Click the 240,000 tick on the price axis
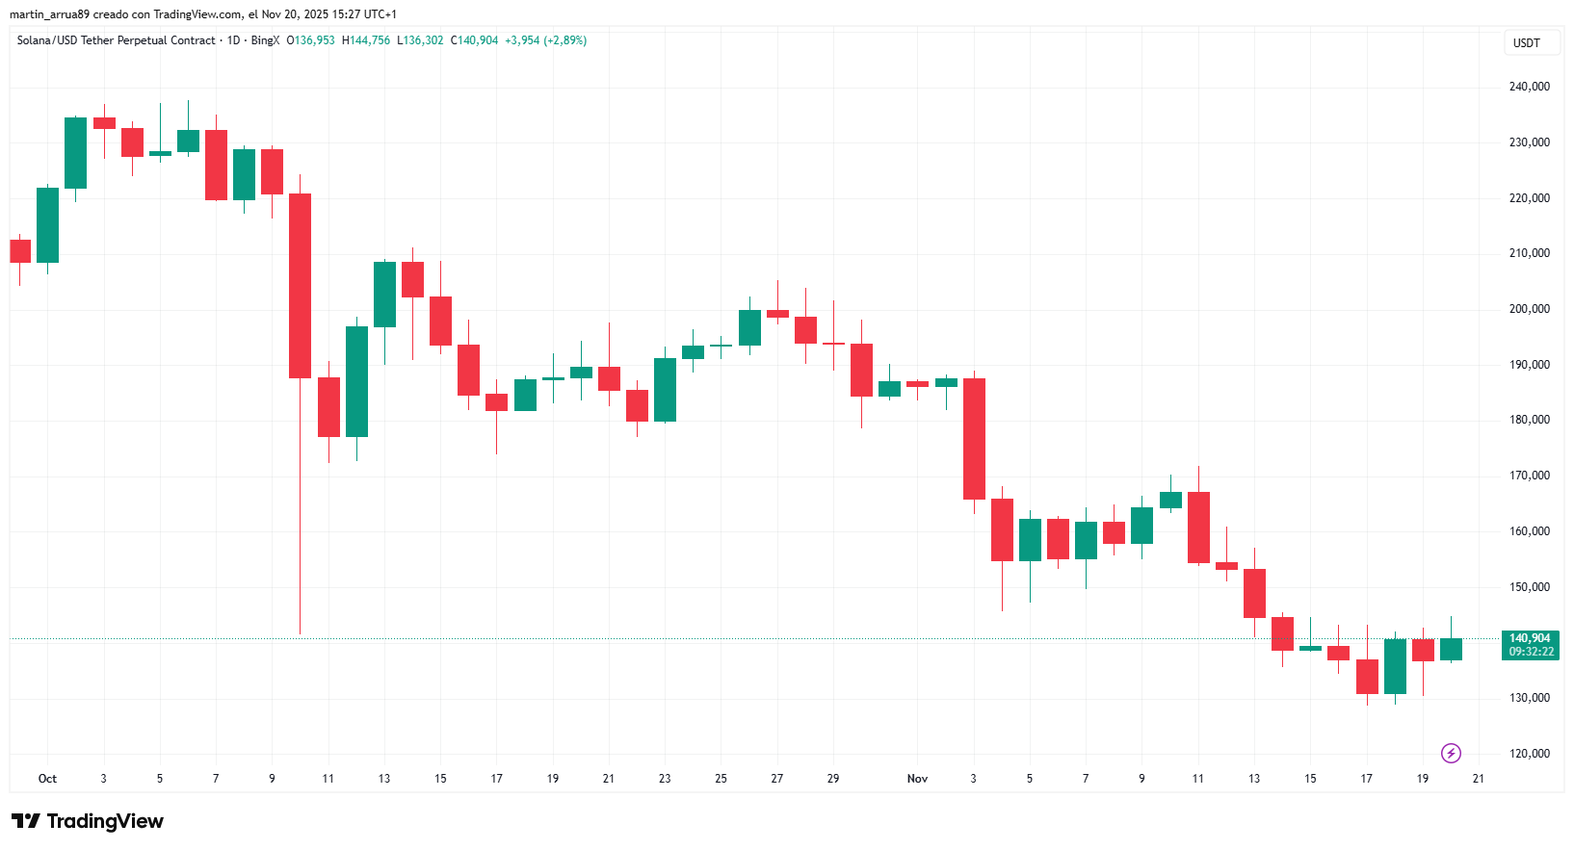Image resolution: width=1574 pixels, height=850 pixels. tap(1529, 87)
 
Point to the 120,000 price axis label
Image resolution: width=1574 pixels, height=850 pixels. tap(1529, 754)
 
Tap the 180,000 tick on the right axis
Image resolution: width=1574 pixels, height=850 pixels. tap(1529, 420)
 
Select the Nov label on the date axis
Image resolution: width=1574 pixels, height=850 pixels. tap(917, 779)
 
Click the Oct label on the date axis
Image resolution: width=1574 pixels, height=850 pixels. tap(47, 779)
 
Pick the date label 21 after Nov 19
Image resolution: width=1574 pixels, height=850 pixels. tap(1479, 779)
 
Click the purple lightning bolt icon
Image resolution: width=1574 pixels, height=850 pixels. tap(1451, 753)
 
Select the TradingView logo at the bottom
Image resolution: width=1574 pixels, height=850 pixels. tap(88, 821)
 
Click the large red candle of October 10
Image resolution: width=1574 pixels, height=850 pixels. tap(300, 286)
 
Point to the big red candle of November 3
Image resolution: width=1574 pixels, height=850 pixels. tap(974, 438)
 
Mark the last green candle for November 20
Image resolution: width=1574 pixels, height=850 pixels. tap(1451, 649)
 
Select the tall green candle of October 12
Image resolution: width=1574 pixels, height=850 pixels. tap(356, 381)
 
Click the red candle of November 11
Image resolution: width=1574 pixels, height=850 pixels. tap(1198, 528)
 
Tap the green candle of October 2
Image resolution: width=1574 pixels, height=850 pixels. tap(75, 153)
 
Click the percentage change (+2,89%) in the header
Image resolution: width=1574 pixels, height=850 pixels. tap(565, 40)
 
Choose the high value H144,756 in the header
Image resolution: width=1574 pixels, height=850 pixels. tap(366, 40)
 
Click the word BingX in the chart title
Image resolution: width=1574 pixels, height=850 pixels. tap(265, 40)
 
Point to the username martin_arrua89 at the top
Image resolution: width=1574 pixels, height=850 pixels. tap(49, 14)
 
